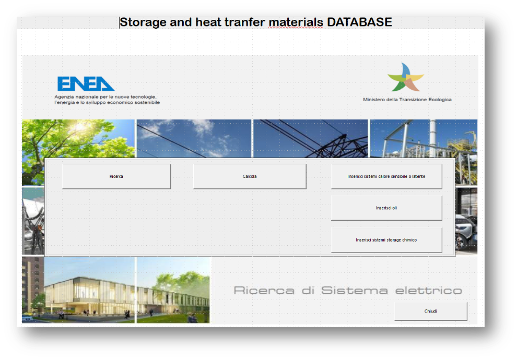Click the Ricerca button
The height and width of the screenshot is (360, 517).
point(116,176)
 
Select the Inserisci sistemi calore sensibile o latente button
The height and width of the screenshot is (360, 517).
point(386,176)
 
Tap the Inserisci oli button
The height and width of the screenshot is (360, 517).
point(386,208)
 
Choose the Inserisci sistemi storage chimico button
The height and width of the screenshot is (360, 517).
point(386,240)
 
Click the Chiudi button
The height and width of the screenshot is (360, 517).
point(431,311)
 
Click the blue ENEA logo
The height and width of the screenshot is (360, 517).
point(86,83)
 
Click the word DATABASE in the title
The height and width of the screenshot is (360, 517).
point(359,22)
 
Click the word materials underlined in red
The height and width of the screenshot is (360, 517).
point(296,22)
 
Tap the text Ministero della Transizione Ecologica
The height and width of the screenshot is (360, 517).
point(407,100)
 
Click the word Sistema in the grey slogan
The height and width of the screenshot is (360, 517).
point(355,291)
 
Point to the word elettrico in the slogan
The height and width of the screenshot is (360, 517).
point(429,291)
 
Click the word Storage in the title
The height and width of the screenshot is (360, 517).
point(143,22)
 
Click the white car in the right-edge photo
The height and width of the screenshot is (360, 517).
point(466,231)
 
